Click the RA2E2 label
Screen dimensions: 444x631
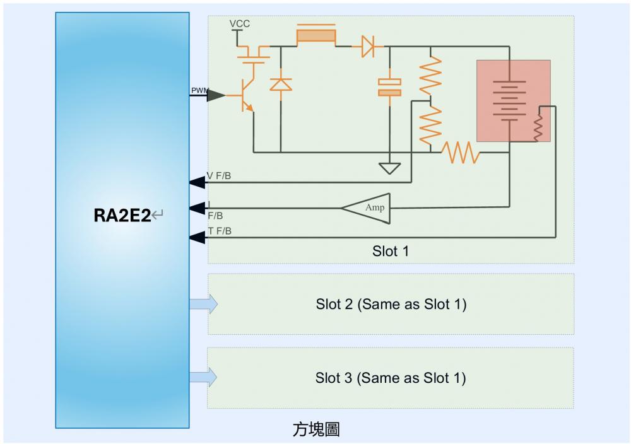(123, 216)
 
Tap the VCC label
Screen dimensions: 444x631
(240, 24)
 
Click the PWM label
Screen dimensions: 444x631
(199, 91)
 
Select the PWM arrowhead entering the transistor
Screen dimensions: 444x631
(216, 95)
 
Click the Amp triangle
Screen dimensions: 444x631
(370, 207)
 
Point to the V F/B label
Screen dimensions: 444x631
(219, 175)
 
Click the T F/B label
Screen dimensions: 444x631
(219, 231)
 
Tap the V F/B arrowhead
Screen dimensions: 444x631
(198, 183)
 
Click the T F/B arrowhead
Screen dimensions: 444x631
(198, 237)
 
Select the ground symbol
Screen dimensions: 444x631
(389, 168)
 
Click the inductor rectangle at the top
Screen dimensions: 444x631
(315, 35)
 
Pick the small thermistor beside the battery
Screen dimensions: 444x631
(538, 127)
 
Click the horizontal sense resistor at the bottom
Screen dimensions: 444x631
(460, 153)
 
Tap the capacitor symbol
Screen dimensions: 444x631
(389, 88)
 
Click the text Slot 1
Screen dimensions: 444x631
(391, 251)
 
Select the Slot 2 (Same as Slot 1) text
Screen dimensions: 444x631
(391, 304)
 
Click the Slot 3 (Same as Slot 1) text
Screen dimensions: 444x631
(391, 378)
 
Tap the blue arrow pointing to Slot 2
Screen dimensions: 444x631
(204, 304)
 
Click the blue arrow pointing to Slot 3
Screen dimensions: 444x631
(204, 377)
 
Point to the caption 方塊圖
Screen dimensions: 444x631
(317, 430)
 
